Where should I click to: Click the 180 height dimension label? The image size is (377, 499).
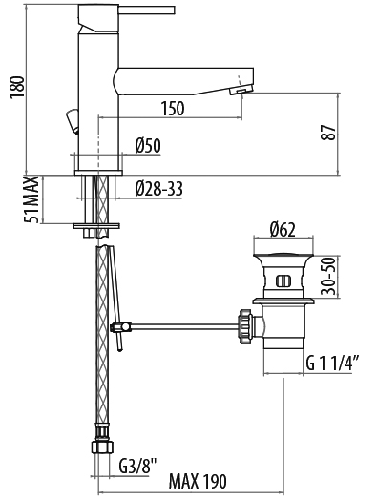pyautogui.click(x=17, y=88)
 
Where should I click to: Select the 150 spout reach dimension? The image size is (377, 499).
pyautogui.click(x=173, y=108)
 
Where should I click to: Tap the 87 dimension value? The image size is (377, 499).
pyautogui.click(x=328, y=133)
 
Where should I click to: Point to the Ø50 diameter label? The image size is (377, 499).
pyautogui.click(x=148, y=146)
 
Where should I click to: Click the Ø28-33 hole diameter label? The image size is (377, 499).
pyautogui.click(x=158, y=189)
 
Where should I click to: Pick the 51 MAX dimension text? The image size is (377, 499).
pyautogui.click(x=31, y=199)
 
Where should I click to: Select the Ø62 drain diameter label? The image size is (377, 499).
pyautogui.click(x=283, y=229)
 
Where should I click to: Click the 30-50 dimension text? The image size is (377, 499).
pyautogui.click(x=328, y=277)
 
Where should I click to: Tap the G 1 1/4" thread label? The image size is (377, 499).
pyautogui.click(x=333, y=363)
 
